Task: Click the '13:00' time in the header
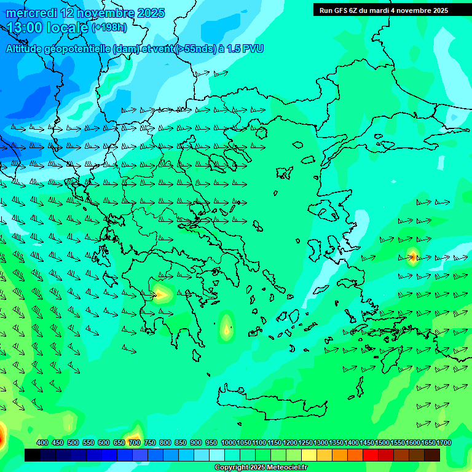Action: pyautogui.click(x=26, y=28)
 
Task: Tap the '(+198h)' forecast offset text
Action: pyautogui.click(x=110, y=28)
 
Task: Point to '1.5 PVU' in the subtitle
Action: pyautogui.click(x=245, y=49)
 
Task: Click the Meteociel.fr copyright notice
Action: pyautogui.click(x=261, y=468)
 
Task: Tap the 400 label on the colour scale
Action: pyautogui.click(x=42, y=442)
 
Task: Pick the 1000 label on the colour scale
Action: pyautogui.click(x=228, y=442)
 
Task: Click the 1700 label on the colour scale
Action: pyautogui.click(x=443, y=442)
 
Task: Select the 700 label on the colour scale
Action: pyautogui.click(x=135, y=442)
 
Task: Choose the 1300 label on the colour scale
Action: pyautogui.click(x=320, y=442)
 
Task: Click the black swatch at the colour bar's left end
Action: pyautogui.click(x=33, y=455)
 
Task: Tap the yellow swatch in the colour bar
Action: pyautogui.click(x=309, y=455)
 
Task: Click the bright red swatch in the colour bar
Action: pyautogui.click(x=371, y=455)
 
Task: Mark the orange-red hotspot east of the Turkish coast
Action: pyautogui.click(x=413, y=256)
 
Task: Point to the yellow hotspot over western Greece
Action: pyautogui.click(x=160, y=294)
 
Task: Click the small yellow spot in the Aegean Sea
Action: pyautogui.click(x=227, y=329)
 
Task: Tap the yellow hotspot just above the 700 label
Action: pyautogui.click(x=135, y=431)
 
